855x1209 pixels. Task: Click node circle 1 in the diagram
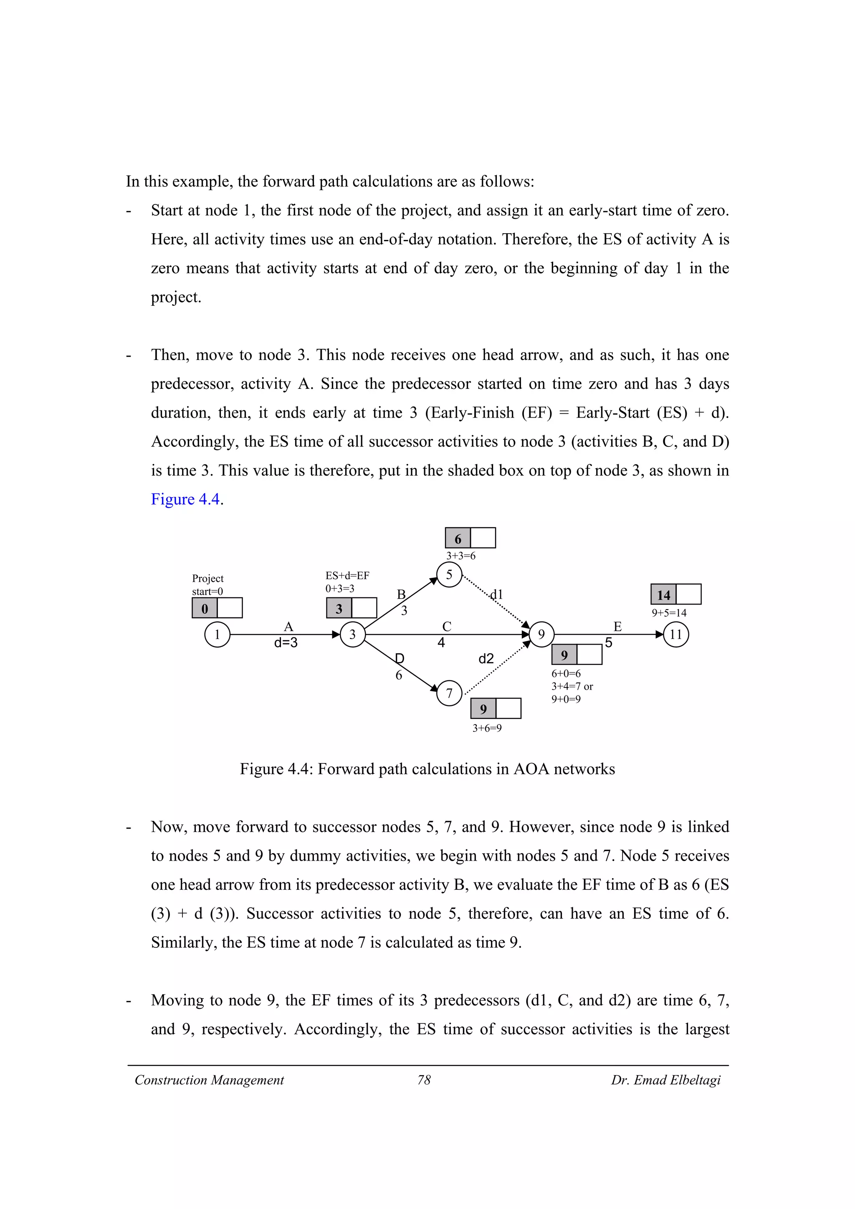click(217, 635)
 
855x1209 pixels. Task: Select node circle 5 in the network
click(449, 574)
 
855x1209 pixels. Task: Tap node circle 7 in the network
click(449, 693)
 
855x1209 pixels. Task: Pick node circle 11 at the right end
click(676, 635)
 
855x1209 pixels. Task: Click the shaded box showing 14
click(664, 595)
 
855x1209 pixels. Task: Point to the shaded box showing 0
click(205, 608)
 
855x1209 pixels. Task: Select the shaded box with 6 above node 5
click(458, 539)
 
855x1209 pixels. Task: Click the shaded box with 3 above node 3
click(339, 609)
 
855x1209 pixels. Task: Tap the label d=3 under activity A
click(286, 643)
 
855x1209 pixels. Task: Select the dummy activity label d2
click(486, 659)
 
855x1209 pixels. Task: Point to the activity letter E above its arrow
click(617, 627)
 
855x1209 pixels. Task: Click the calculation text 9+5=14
click(669, 613)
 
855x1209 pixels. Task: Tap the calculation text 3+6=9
click(487, 728)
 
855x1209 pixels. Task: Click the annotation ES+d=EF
click(347, 576)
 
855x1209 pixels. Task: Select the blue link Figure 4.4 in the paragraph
click(185, 499)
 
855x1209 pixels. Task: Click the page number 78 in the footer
click(424, 1081)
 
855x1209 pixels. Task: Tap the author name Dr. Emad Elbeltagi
click(665, 1081)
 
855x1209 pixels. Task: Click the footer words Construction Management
click(209, 1081)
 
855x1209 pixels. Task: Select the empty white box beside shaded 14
click(688, 594)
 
